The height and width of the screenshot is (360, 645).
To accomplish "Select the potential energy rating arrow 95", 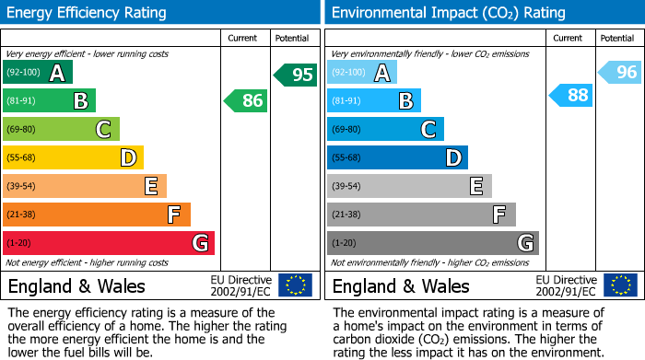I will pyautogui.click(x=296, y=75).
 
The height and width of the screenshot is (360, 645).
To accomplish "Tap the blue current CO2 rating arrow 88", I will pyautogui.click(x=571, y=95).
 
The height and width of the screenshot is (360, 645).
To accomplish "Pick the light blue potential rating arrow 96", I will pyautogui.click(x=620, y=72).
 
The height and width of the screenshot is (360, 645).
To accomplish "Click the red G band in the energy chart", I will pyautogui.click(x=109, y=243).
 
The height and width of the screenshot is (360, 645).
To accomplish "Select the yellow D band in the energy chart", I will pyautogui.click(x=74, y=157).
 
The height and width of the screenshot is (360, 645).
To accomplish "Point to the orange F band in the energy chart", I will pyautogui.click(x=97, y=215).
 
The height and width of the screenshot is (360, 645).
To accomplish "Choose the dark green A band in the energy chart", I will pyautogui.click(x=38, y=72).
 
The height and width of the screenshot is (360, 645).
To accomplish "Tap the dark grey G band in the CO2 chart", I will pyautogui.click(x=432, y=243).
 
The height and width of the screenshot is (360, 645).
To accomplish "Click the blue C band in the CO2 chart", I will pyautogui.click(x=385, y=129).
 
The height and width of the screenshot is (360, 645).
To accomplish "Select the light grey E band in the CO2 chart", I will pyautogui.click(x=409, y=186).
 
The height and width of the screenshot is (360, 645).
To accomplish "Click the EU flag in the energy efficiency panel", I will pyautogui.click(x=295, y=285).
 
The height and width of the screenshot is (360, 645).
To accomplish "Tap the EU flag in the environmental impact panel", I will pyautogui.click(x=619, y=285).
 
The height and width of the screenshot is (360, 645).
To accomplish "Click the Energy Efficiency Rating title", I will pyautogui.click(x=88, y=13).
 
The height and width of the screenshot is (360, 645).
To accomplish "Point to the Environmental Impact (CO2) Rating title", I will pyautogui.click(x=448, y=13).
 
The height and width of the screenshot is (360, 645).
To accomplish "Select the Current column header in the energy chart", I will pyautogui.click(x=242, y=38).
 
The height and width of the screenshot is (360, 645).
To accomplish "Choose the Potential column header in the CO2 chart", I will pyautogui.click(x=616, y=38).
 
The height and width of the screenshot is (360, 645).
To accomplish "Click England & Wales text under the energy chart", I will pyautogui.click(x=76, y=286).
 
